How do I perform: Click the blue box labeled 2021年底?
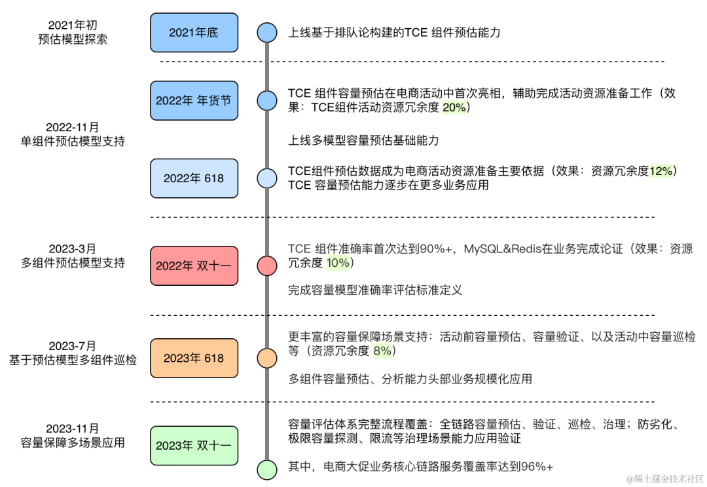194,33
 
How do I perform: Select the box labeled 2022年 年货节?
194,101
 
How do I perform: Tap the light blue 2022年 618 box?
194,178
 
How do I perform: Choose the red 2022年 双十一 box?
194,266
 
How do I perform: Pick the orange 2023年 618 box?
194,359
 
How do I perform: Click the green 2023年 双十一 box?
194,446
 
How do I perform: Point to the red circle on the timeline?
267,266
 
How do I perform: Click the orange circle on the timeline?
267,359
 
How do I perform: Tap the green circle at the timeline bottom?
267,470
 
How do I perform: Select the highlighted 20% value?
454,107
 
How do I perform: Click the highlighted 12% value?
661,171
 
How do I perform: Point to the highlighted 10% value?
338,263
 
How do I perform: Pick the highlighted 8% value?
382,351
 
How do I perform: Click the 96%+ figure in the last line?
537,467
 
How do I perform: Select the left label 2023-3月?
73,248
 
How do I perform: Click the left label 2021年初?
73,26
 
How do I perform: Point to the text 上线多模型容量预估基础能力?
363,141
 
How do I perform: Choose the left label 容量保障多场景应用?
73,443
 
